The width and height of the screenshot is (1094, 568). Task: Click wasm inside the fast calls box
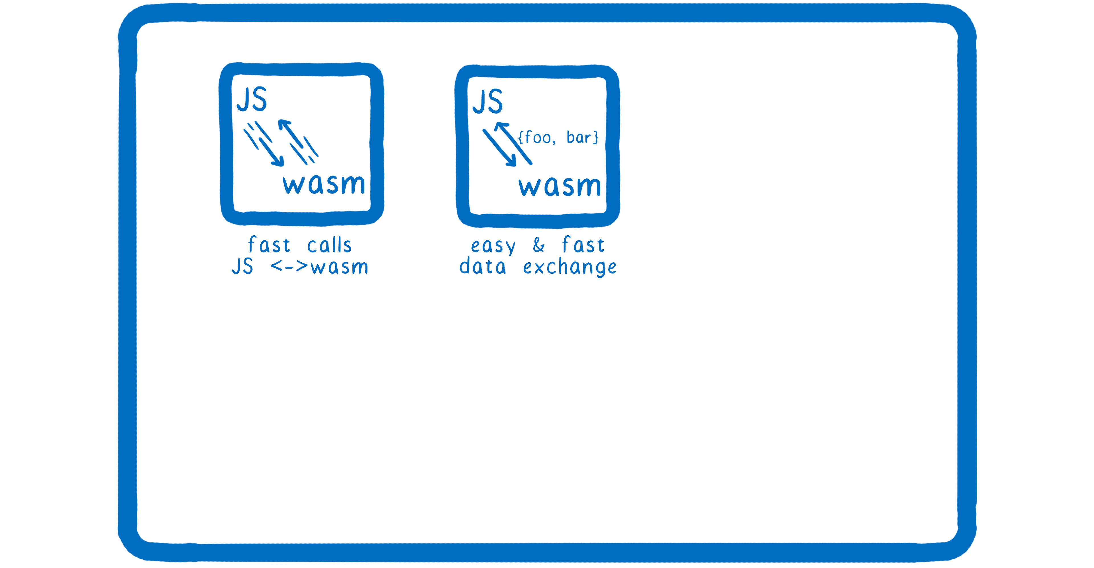pyautogui.click(x=324, y=184)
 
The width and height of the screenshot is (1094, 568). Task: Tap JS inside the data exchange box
pyautogui.click(x=487, y=102)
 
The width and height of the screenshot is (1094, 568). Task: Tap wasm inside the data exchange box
pyautogui.click(x=560, y=187)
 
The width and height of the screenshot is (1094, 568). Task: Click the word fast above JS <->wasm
pyautogui.click(x=269, y=245)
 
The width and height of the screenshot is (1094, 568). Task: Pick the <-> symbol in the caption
pyautogui.click(x=289, y=266)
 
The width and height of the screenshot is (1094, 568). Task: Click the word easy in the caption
pyautogui.click(x=493, y=246)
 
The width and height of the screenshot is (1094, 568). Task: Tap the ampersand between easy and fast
pyautogui.click(x=538, y=245)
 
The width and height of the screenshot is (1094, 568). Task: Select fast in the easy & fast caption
pyautogui.click(x=583, y=245)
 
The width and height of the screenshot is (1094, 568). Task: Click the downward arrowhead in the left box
pyautogui.click(x=278, y=161)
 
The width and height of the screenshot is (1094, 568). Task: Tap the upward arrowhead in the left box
pyautogui.click(x=284, y=125)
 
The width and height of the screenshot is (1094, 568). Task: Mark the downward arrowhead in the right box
pyautogui.click(x=511, y=161)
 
